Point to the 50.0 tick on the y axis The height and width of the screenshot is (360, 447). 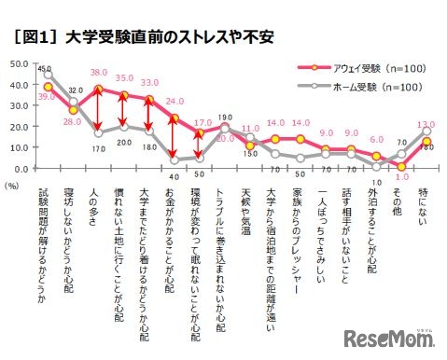coord(18,64)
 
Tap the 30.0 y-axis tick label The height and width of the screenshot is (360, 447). coord(18,106)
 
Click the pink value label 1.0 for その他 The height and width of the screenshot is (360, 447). coord(401,176)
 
